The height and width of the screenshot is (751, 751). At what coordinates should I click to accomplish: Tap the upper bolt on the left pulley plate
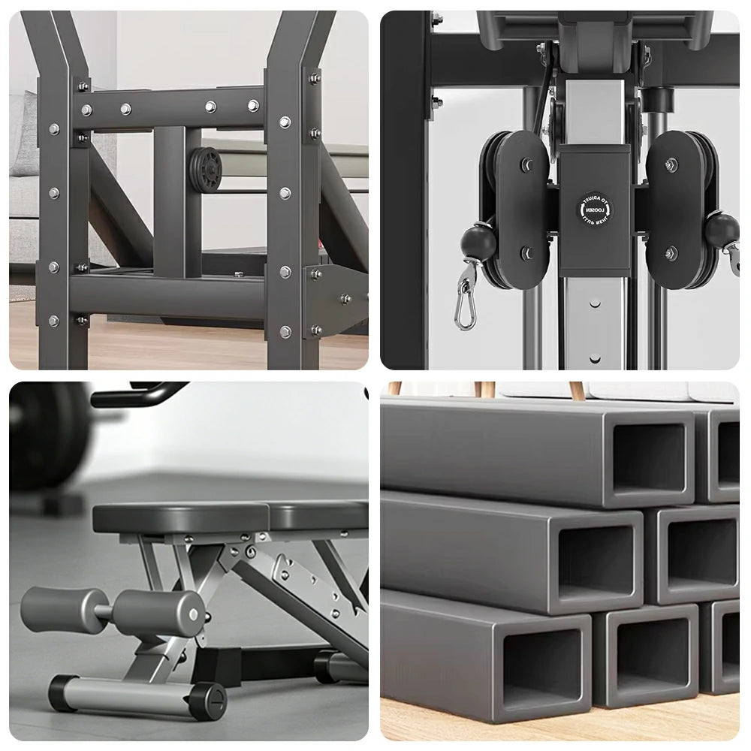[x=526, y=164]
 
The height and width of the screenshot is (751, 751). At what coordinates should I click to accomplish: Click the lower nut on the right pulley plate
[x=671, y=253]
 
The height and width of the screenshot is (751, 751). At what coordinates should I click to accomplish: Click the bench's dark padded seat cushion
[x=225, y=517]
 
